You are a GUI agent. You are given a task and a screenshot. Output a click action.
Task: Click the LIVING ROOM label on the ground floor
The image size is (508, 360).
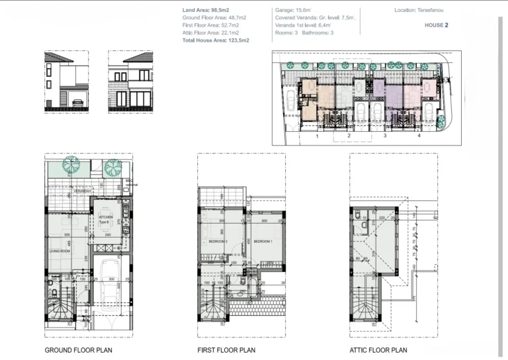60,251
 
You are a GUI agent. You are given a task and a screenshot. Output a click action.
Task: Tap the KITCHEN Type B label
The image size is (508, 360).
106,219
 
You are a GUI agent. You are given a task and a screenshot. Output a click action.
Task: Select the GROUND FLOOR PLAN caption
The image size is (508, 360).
77,350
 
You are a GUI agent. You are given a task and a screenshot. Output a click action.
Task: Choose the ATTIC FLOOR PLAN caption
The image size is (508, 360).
378,350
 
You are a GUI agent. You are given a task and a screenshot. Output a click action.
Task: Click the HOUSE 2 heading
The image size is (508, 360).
437,25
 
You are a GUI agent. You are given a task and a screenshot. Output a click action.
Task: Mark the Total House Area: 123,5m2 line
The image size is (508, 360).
216,40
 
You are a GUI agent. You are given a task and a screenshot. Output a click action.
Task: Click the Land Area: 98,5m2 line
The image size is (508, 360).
205,11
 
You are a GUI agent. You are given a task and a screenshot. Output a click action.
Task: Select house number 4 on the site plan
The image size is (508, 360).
419,136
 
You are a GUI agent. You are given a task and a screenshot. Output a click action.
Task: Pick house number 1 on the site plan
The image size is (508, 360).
317,136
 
